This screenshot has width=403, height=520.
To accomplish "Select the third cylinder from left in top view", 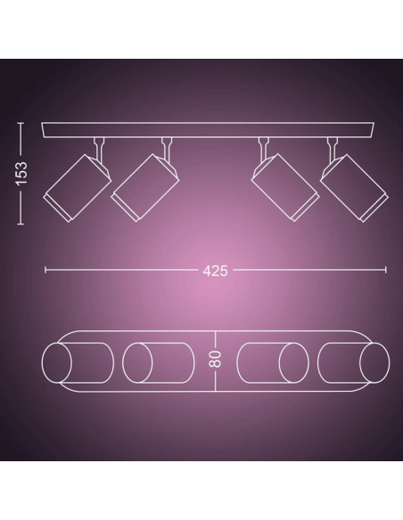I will click(274, 365).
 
